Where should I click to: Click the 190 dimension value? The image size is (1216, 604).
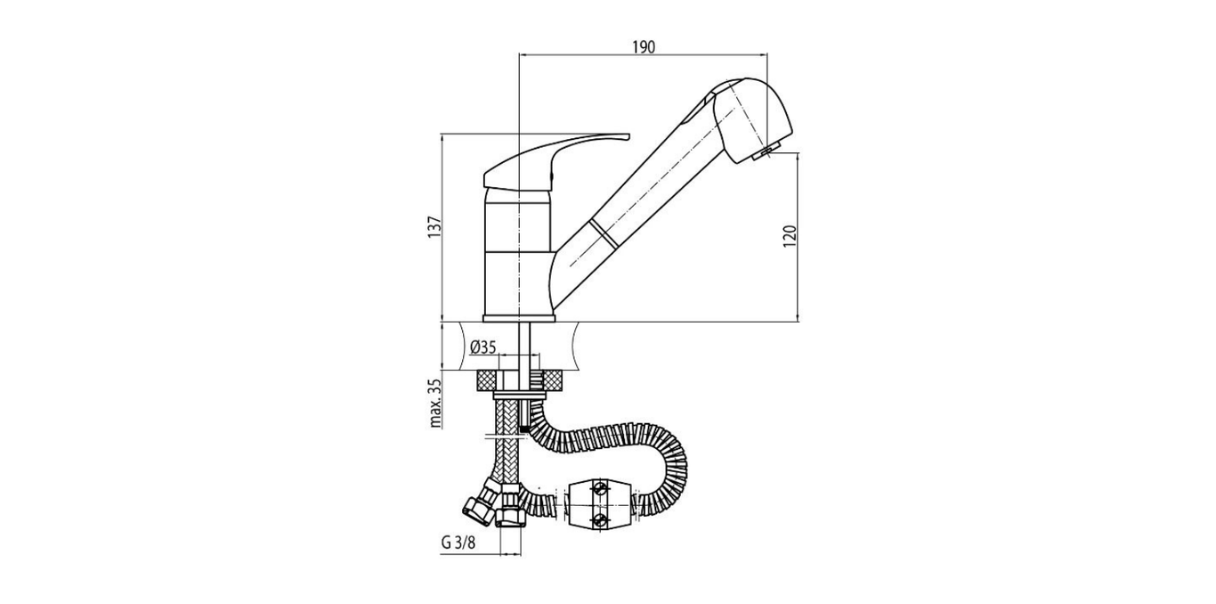click(644, 47)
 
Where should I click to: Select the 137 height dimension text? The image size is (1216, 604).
click(434, 228)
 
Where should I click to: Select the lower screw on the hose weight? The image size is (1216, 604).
click(601, 518)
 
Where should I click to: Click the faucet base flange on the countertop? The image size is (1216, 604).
click(519, 318)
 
